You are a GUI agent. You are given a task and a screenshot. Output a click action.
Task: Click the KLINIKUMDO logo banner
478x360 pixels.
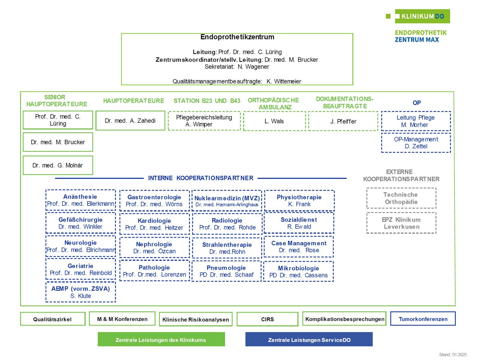[422, 16]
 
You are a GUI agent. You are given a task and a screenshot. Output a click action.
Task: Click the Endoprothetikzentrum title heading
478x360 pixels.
[237, 37]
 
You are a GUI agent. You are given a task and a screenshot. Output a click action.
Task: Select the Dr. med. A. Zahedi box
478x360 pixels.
[130, 121]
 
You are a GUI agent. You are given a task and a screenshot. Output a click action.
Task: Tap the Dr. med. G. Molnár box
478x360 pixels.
[58, 165]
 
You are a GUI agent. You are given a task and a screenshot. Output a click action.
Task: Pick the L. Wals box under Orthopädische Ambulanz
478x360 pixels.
[274, 121]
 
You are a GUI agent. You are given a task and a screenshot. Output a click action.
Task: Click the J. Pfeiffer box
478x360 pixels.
[343, 121]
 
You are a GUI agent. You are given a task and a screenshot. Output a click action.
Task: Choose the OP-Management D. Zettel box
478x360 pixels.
[416, 143]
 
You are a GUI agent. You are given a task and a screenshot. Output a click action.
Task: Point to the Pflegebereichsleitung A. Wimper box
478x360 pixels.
[204, 121]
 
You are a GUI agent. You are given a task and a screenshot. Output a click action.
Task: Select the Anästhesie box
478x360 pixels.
[80, 200]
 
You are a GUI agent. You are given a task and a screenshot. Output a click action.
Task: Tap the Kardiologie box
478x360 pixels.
[154, 224]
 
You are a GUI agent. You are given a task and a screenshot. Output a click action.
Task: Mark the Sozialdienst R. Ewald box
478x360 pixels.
[299, 223]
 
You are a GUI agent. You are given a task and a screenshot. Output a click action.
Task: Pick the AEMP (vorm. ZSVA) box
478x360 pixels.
[80, 292]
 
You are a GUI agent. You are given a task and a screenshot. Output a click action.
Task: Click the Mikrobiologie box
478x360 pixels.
[298, 271]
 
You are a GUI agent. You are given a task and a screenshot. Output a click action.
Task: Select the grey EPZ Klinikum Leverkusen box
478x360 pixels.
[401, 223]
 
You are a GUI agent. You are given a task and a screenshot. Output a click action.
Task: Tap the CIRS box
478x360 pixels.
[268, 319]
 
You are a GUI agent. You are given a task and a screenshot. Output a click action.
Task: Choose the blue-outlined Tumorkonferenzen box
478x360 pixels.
[423, 319]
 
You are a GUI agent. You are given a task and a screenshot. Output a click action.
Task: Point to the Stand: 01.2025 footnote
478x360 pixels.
[453, 355]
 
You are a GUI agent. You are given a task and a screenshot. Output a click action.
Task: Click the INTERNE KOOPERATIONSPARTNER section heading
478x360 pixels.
[201, 178]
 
